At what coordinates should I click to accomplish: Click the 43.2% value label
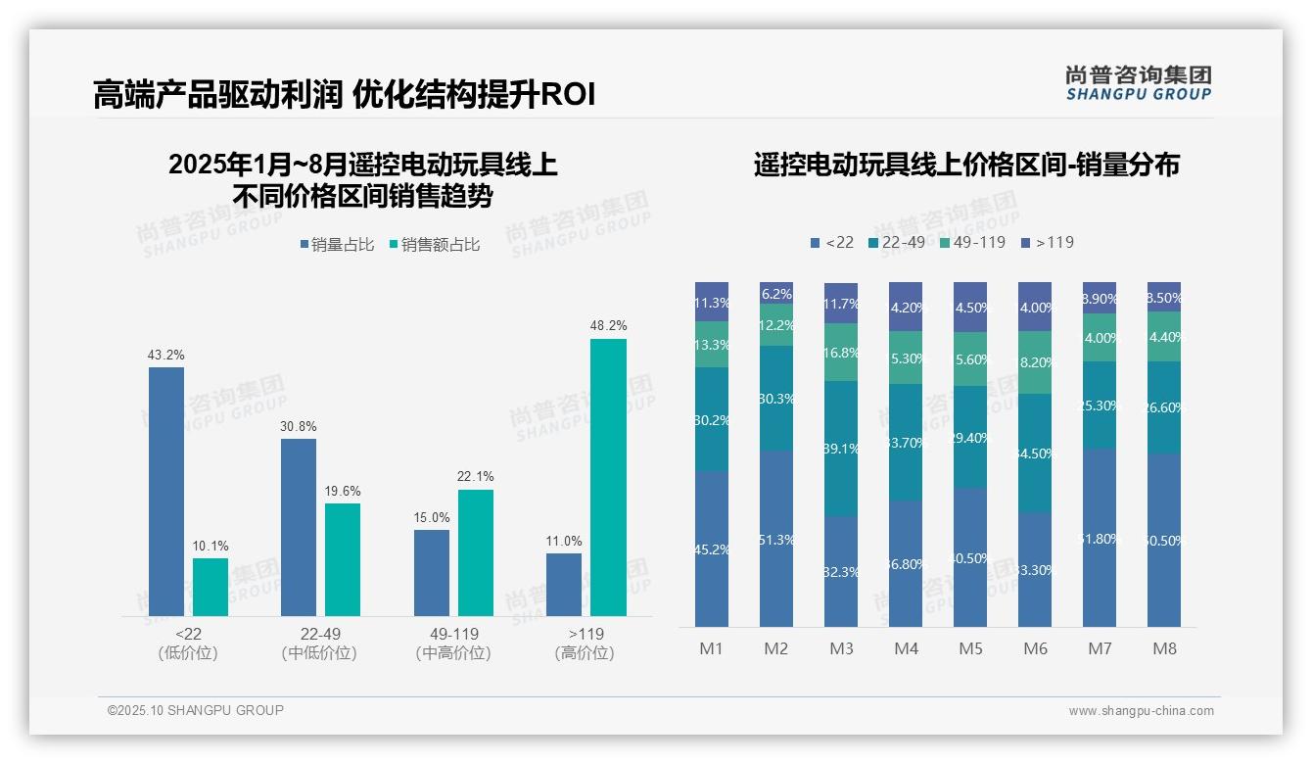coord(166,355)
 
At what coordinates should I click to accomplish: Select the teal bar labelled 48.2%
coord(608,477)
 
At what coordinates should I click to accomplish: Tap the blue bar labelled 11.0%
coord(563,585)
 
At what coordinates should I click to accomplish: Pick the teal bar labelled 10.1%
coord(210,587)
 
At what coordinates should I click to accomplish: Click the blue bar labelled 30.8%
coord(299,527)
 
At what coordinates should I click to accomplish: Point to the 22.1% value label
coord(475,477)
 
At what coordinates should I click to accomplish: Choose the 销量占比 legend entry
coord(337,245)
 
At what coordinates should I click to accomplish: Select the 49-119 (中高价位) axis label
coord(451,644)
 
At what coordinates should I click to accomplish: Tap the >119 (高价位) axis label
coord(585,644)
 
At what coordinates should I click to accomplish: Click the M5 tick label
coord(970,648)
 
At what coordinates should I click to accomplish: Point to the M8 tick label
coord(1164,648)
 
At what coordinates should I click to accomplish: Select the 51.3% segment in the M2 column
coord(776,539)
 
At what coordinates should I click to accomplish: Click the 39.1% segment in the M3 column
coord(841,449)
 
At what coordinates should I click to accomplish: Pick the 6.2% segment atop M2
coord(776,293)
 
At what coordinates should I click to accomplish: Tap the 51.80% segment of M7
coord(1100,538)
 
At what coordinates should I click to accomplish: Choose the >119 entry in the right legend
coord(1047,242)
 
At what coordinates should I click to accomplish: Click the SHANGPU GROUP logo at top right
coord(1138,83)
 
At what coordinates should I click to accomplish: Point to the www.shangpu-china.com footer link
coord(1141,711)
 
